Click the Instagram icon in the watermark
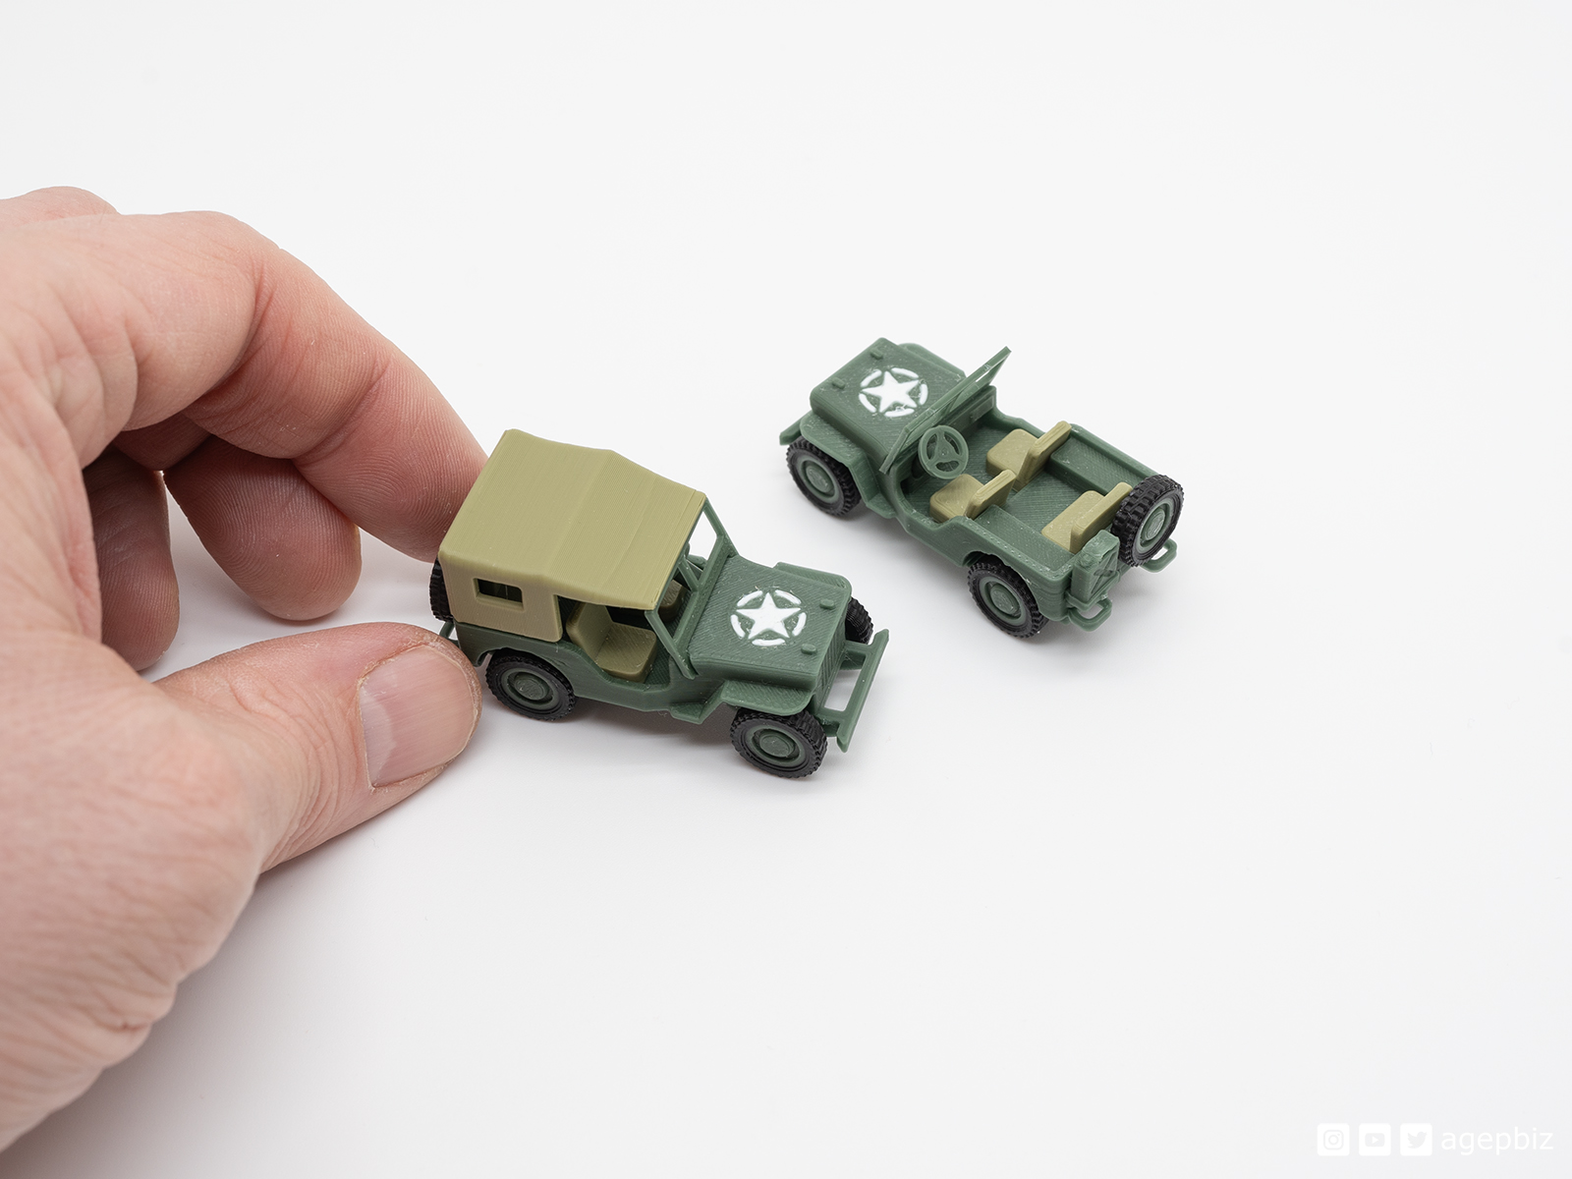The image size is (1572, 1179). click(1331, 1140)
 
